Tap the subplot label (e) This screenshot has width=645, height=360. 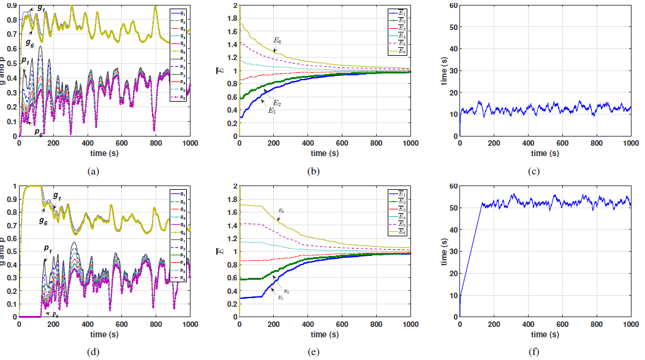click(x=314, y=352)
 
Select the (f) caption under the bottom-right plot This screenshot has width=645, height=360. click(x=534, y=352)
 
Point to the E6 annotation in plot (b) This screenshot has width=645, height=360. click(x=277, y=40)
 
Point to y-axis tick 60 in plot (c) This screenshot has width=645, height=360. click(x=453, y=6)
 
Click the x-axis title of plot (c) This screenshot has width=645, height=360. click(x=545, y=152)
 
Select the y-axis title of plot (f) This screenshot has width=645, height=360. click(x=443, y=252)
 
